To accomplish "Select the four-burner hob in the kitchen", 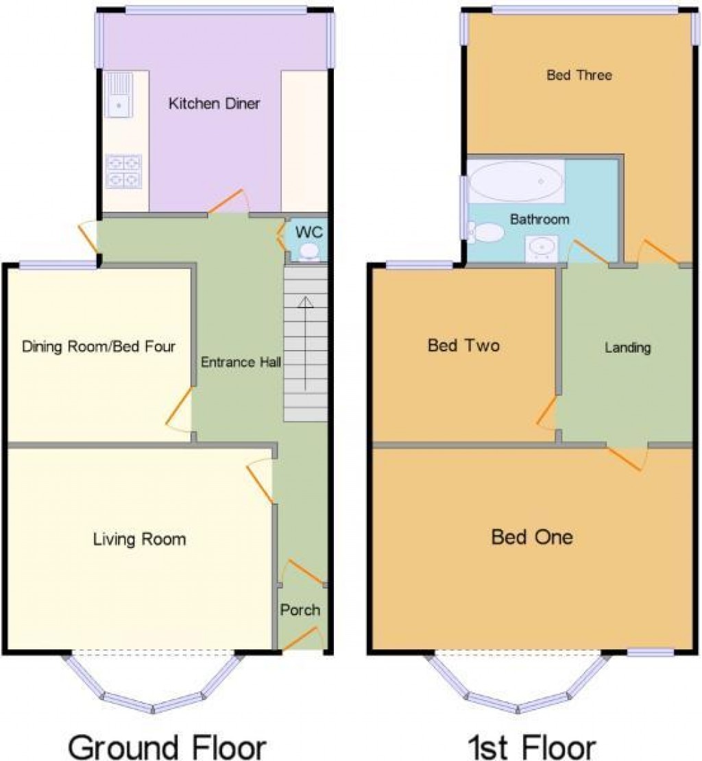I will tap(123, 171).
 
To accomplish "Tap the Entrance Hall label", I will tap(241, 362).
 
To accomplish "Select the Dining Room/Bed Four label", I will tap(99, 347).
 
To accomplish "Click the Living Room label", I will tap(139, 540).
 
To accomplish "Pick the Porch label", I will tap(300, 610).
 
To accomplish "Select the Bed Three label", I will tap(579, 75).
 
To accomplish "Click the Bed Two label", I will tap(463, 345).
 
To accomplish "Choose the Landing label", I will tap(627, 348).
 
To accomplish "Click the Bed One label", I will tap(532, 536).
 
